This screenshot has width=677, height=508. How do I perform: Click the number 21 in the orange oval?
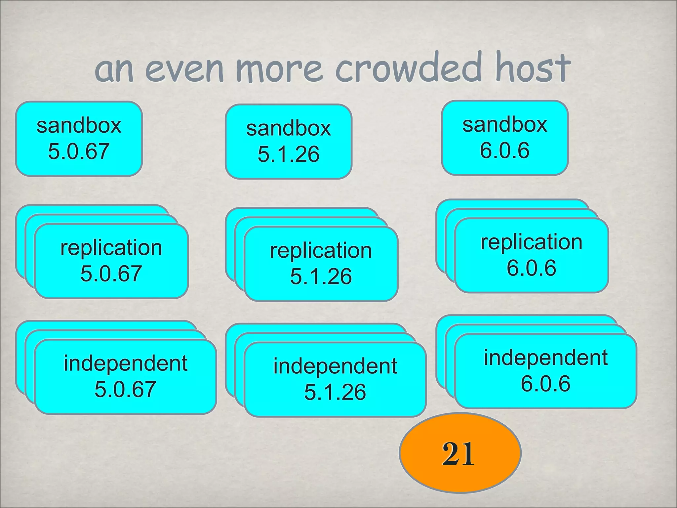458,453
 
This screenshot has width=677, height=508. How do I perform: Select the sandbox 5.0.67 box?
79,139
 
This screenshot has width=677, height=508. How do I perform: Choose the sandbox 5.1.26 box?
288,142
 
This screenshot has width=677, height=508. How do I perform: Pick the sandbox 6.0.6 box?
505,138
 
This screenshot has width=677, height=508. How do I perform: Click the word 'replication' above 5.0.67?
111,248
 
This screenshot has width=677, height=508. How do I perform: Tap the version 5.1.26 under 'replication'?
321,276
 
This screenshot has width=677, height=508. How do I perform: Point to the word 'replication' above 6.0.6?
531,242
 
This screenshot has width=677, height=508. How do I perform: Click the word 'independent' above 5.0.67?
125,363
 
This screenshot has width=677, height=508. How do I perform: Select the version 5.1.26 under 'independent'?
335,392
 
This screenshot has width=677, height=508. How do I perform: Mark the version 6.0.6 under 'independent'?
545,384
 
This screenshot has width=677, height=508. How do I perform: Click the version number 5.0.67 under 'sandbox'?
79,151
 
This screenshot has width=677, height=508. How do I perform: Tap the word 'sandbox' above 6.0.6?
505,125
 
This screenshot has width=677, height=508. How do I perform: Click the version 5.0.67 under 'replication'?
111,274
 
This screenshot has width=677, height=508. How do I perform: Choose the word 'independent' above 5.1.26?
335,366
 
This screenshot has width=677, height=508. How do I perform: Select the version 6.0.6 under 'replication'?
531,268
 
